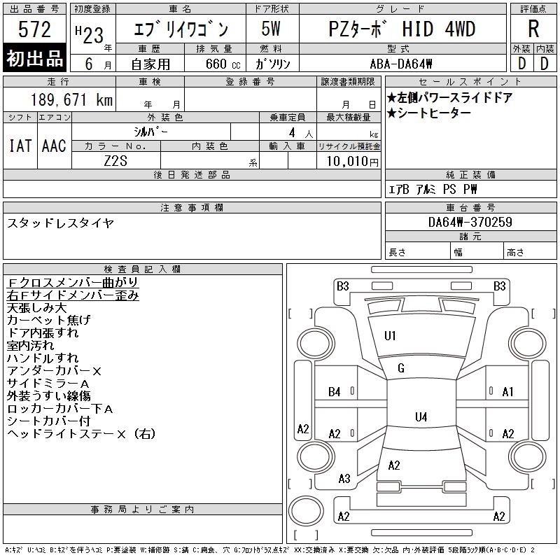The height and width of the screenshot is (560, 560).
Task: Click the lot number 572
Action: point(34,29)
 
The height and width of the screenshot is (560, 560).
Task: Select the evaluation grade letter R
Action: point(533,29)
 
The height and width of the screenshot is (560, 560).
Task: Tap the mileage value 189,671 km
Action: point(71,99)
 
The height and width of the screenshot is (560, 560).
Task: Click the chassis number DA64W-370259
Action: point(470,222)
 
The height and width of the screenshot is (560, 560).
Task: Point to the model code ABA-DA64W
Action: point(401,64)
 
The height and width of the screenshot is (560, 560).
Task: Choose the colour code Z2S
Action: point(115,161)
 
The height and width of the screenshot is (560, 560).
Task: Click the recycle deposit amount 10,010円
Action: point(352,161)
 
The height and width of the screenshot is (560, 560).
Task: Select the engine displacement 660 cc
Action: point(223,64)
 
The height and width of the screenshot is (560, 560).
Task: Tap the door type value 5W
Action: point(271,29)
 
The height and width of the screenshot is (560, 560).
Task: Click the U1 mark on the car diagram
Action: point(390,336)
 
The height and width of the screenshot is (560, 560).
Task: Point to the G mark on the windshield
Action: point(401,368)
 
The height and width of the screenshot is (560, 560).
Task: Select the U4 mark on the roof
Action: point(421,416)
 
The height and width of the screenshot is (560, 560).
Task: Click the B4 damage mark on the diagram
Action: point(335,392)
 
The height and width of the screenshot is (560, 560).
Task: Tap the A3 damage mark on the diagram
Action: point(344,479)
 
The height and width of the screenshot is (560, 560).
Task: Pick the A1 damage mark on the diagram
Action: point(507,392)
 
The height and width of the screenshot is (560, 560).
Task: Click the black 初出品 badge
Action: point(34,58)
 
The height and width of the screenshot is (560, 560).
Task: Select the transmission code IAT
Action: point(20,146)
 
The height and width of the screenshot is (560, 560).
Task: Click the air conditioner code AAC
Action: point(54,146)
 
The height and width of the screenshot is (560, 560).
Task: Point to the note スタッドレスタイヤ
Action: point(60,223)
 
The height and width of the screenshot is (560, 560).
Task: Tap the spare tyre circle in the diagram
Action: point(306,511)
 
